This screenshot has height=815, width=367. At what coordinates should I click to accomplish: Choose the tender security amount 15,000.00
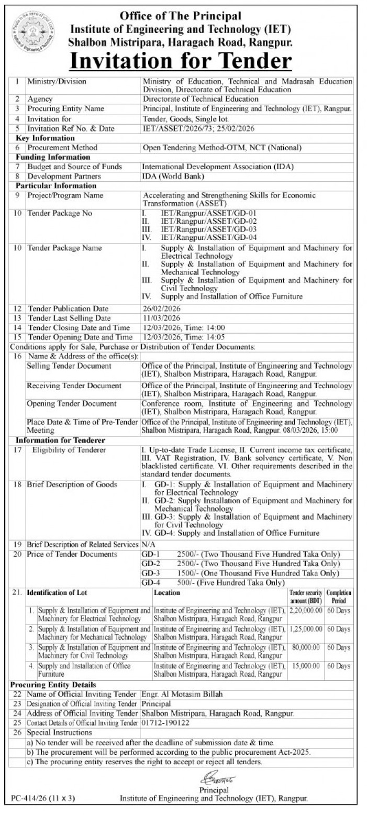coord(307,666)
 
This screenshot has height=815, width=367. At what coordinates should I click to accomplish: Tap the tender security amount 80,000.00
coord(307,648)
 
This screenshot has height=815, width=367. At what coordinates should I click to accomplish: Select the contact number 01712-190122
coord(165,723)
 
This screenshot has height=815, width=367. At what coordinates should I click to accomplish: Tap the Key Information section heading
coord(45,138)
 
